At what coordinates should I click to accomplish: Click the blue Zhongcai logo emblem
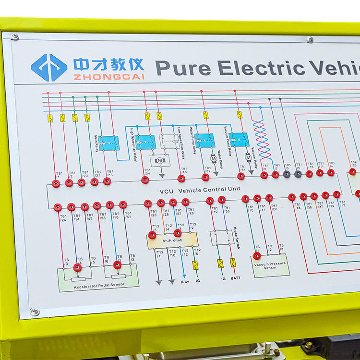pos(49,67)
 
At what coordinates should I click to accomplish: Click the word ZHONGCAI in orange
pos(108,76)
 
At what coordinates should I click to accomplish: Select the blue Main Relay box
pos(109,143)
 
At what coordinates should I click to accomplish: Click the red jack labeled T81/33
pos(107,181)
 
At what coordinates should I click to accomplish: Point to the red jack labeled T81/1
pos(56,183)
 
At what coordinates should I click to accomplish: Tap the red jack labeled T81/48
pos(181,179)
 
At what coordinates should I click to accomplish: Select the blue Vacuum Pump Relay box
pos(239,139)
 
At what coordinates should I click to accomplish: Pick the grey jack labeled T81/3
pos(287,174)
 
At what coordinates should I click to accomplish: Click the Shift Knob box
pos(172,240)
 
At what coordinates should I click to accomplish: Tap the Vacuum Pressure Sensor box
pos(270,265)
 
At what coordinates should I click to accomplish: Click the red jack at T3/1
pos(257,256)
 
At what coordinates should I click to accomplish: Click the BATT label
pos(235,278)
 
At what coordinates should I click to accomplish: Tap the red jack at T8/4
pos(77,267)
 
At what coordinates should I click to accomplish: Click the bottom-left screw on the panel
pos(35,311)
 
